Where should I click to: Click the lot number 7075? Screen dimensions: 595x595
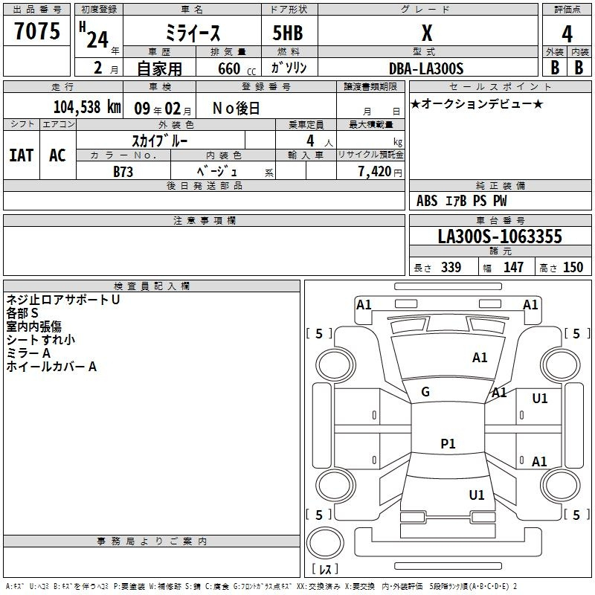pyautogui.click(x=37, y=30)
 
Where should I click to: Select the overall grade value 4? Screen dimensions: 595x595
pyautogui.click(x=567, y=34)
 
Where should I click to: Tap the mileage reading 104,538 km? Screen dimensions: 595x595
pyautogui.click(x=87, y=107)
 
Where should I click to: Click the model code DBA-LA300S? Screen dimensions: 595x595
pyautogui.click(x=426, y=68)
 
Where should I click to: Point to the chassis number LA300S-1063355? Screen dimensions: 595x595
pyautogui.click(x=500, y=236)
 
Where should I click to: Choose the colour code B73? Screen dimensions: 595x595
pyautogui.click(x=123, y=172)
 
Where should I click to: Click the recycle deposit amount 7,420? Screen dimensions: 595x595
pyautogui.click(x=375, y=172)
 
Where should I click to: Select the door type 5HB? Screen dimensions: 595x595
pyautogui.click(x=288, y=33)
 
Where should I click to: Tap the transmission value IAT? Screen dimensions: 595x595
pyautogui.click(x=22, y=155)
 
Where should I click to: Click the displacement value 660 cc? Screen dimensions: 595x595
pyautogui.click(x=237, y=68)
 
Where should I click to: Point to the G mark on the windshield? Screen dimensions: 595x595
pyautogui.click(x=425, y=392)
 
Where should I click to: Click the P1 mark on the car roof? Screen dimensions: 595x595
pyautogui.click(x=448, y=443)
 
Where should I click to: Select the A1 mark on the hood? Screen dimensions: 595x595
pyautogui.click(x=480, y=358)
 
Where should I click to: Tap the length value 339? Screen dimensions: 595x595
pyautogui.click(x=451, y=267)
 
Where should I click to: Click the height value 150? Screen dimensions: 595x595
pyautogui.click(x=573, y=267)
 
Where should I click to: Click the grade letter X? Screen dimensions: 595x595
pyautogui.click(x=427, y=33)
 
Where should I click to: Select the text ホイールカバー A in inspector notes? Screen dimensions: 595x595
pyautogui.click(x=51, y=367)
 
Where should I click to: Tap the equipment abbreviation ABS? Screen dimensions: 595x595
pyautogui.click(x=427, y=201)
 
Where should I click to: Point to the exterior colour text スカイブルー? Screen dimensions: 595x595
pyautogui.click(x=160, y=141)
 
